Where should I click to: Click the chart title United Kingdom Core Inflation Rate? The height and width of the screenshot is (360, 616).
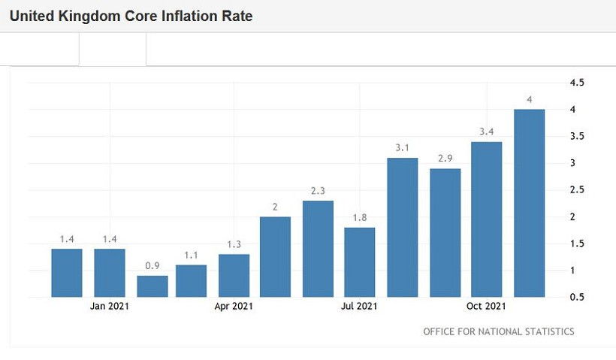coord(131,16)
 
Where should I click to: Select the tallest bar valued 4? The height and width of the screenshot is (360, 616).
coord(529,203)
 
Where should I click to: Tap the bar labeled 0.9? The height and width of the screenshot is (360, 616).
coord(152,286)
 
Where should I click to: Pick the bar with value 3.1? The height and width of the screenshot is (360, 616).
coord(403,227)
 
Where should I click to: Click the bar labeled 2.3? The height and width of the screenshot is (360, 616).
coord(318,249)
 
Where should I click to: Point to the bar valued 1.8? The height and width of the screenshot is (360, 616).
coord(360,262)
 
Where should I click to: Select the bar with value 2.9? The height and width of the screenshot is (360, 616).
coord(445,232)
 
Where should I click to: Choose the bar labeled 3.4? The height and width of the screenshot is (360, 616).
coord(486,219)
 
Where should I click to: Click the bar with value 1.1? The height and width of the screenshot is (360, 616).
coord(191,281)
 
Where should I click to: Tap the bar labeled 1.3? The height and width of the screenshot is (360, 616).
coord(234,275)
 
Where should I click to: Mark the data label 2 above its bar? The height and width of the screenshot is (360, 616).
coord(275,207)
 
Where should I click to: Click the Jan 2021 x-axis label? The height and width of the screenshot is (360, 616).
coord(110,307)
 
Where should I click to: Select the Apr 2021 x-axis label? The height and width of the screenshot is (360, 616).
coord(234,307)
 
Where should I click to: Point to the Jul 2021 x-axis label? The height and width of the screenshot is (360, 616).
coord(359,307)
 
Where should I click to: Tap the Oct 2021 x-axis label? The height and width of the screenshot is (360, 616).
coord(485,307)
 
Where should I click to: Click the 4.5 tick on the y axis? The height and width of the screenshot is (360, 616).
coord(577,83)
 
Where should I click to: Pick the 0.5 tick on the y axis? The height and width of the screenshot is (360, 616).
coord(577,297)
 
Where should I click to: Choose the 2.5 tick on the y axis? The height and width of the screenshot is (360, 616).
coord(577,190)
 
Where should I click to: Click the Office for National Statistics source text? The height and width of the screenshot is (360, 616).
coord(499,331)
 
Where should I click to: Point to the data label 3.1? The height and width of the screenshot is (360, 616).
coord(403,147)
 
